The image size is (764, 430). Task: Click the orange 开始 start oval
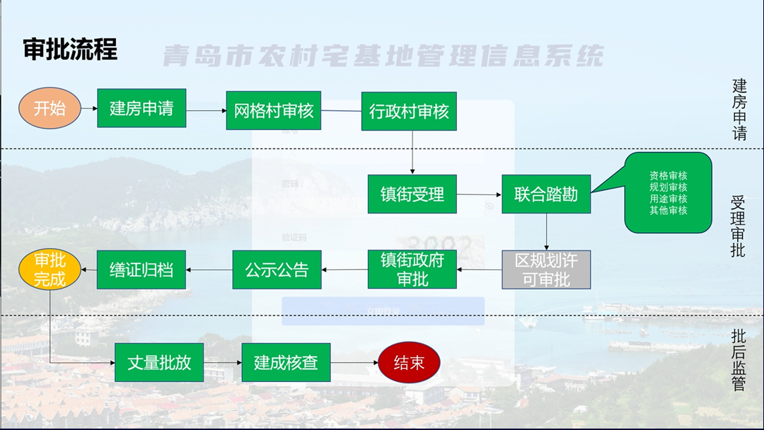pyautogui.click(x=50, y=108)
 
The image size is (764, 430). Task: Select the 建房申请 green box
pyautogui.click(x=141, y=108)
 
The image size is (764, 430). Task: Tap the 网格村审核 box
pyautogui.click(x=274, y=110)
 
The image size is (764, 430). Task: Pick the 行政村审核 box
pyautogui.click(x=409, y=111)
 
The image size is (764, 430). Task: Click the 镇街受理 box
pyautogui.click(x=412, y=194)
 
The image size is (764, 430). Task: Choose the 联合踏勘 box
pyautogui.click(x=546, y=194)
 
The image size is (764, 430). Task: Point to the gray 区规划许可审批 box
pyautogui.click(x=546, y=269)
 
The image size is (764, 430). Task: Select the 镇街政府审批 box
pyautogui.click(x=412, y=269)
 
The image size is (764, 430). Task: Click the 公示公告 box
pyautogui.click(x=277, y=269)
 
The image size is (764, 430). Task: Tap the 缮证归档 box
pyautogui.click(x=141, y=269)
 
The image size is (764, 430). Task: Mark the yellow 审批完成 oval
pyautogui.click(x=50, y=269)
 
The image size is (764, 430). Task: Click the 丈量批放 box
pyautogui.click(x=159, y=362)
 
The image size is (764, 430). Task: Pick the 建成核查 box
pyautogui.click(x=286, y=362)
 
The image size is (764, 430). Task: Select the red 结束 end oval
pyautogui.click(x=409, y=363)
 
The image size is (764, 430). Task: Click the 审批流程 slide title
pyautogui.click(x=70, y=50)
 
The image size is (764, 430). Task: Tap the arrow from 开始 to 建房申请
pyautogui.click(x=88, y=109)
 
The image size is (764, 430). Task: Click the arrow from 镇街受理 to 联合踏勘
pyautogui.click(x=479, y=194)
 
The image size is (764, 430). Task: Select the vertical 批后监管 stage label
pyautogui.click(x=739, y=361)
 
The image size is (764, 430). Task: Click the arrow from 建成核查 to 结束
pyautogui.click(x=354, y=363)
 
